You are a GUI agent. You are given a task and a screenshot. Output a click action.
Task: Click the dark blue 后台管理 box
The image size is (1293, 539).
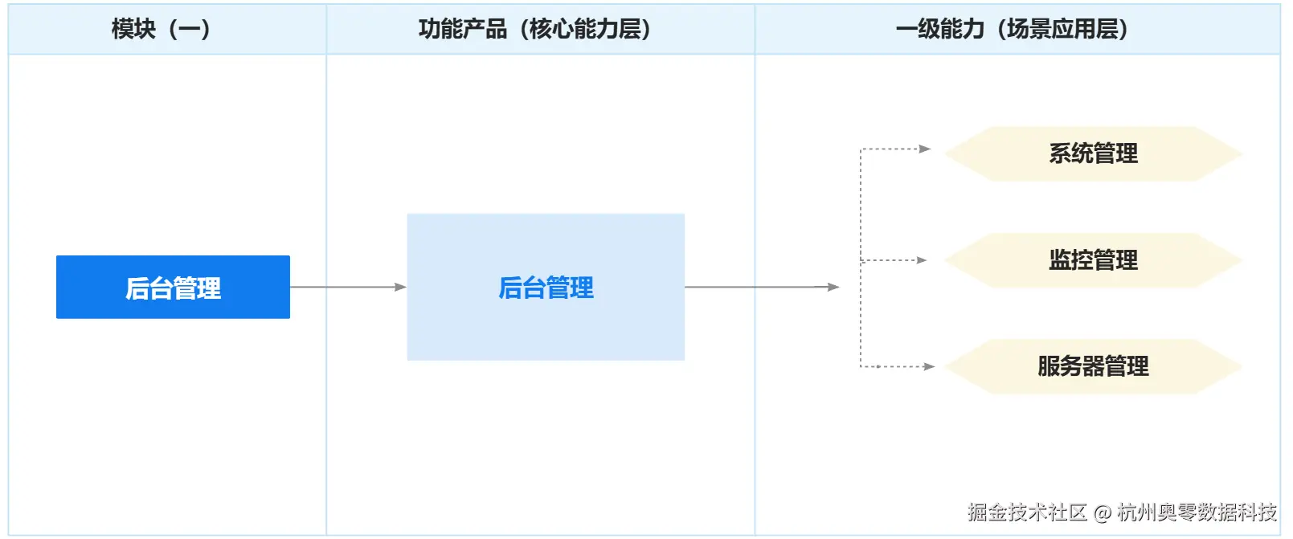point(173,287)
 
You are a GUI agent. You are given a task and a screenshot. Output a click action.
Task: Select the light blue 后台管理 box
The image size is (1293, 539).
point(546,287)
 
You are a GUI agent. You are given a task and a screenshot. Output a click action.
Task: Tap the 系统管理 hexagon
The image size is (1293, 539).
point(1093,153)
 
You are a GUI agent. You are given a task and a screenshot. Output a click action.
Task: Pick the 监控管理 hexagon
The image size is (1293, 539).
point(1093,260)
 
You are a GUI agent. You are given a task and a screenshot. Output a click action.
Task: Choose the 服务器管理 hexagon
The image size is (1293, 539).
point(1093,366)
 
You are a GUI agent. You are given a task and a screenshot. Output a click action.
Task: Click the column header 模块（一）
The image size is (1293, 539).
point(162,30)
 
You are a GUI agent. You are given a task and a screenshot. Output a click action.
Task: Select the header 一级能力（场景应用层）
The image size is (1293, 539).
point(1013,30)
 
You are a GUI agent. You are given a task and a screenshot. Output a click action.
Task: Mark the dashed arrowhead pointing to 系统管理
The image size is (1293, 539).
point(925,149)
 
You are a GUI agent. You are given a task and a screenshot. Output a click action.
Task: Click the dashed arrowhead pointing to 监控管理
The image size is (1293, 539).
point(922,260)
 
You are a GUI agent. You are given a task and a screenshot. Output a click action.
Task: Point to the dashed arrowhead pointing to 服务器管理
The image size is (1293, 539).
point(929,366)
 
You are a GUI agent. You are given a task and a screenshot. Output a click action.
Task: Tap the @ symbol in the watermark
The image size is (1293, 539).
point(1103,512)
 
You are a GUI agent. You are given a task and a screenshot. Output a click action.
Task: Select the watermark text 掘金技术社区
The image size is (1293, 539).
point(1028,512)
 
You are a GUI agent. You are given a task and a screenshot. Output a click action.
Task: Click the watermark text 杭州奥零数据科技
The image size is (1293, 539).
point(1197,512)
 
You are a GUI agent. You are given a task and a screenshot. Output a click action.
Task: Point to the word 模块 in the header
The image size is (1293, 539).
point(133,30)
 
